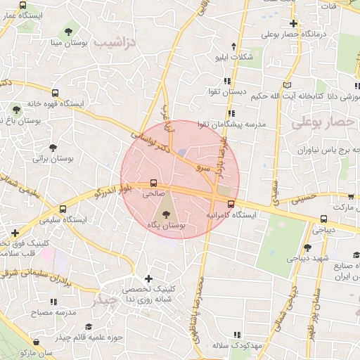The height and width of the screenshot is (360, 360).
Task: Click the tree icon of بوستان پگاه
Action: click(167, 214)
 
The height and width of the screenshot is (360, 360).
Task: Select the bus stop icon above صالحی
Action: click(154, 183)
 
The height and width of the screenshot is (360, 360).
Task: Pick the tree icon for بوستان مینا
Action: click(68, 31)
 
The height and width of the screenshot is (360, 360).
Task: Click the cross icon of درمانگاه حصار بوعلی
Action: click(293, 23)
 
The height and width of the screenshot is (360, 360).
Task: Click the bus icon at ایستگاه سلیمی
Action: click(64, 209)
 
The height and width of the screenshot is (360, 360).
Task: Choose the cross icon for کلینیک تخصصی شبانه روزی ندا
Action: click(148, 279)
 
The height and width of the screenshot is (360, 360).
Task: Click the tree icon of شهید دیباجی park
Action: click(307, 247)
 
